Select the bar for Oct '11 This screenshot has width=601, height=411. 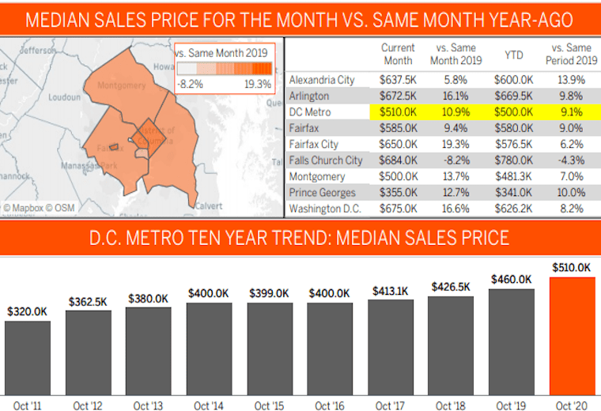28,356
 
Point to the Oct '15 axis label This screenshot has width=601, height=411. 268,405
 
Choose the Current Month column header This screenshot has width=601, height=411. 398,54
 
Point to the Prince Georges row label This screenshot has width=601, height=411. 322,193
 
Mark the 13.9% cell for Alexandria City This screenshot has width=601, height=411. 570,80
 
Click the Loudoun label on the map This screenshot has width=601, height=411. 65,97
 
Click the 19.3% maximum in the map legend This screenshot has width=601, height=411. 258,83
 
